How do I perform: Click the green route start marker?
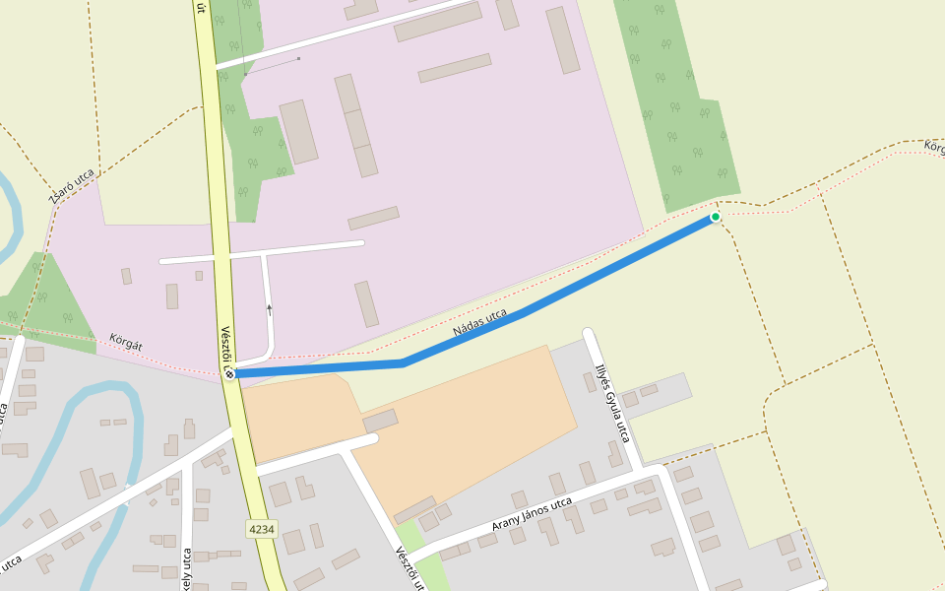coord(716,217)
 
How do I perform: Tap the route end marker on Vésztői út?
coord(229,373)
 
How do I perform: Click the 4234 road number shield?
coord(261,529)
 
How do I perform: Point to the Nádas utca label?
coord(480,322)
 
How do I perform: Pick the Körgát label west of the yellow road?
coord(126,342)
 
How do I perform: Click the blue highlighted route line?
coord(551,295)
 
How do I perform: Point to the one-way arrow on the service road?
coord(269,309)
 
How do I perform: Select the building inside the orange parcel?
coord(380,421)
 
